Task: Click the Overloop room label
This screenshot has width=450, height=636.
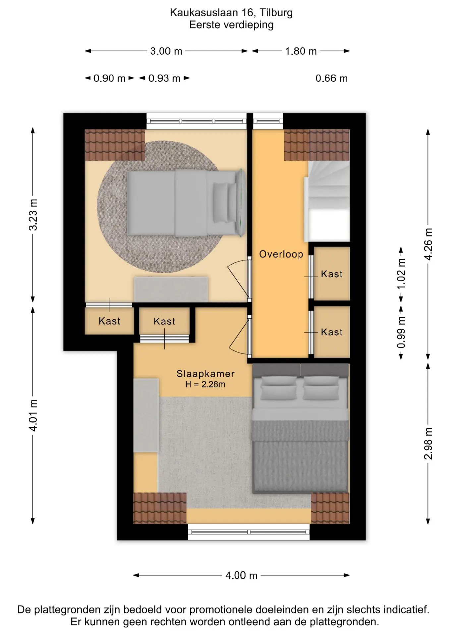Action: [281, 254]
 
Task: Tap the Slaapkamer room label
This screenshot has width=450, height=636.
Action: [205, 374]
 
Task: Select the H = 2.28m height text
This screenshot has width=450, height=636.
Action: [205, 384]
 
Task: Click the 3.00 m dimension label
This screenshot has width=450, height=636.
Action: [166, 51]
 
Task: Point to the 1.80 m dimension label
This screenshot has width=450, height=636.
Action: [301, 51]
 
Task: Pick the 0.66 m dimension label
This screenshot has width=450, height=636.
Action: [331, 79]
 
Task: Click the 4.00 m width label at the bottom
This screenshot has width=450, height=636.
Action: [241, 575]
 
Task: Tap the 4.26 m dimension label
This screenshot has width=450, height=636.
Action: [428, 244]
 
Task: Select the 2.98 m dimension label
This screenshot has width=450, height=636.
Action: [428, 444]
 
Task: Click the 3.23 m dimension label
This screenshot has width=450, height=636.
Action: [33, 215]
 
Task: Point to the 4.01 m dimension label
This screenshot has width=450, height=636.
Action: [33, 415]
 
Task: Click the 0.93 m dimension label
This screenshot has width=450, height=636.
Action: [164, 79]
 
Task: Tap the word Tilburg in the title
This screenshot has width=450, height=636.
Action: [276, 13]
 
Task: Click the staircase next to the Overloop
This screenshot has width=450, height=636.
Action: [327, 201]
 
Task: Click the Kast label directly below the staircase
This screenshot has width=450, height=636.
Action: [332, 274]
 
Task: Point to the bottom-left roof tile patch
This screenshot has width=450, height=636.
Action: [160, 508]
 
